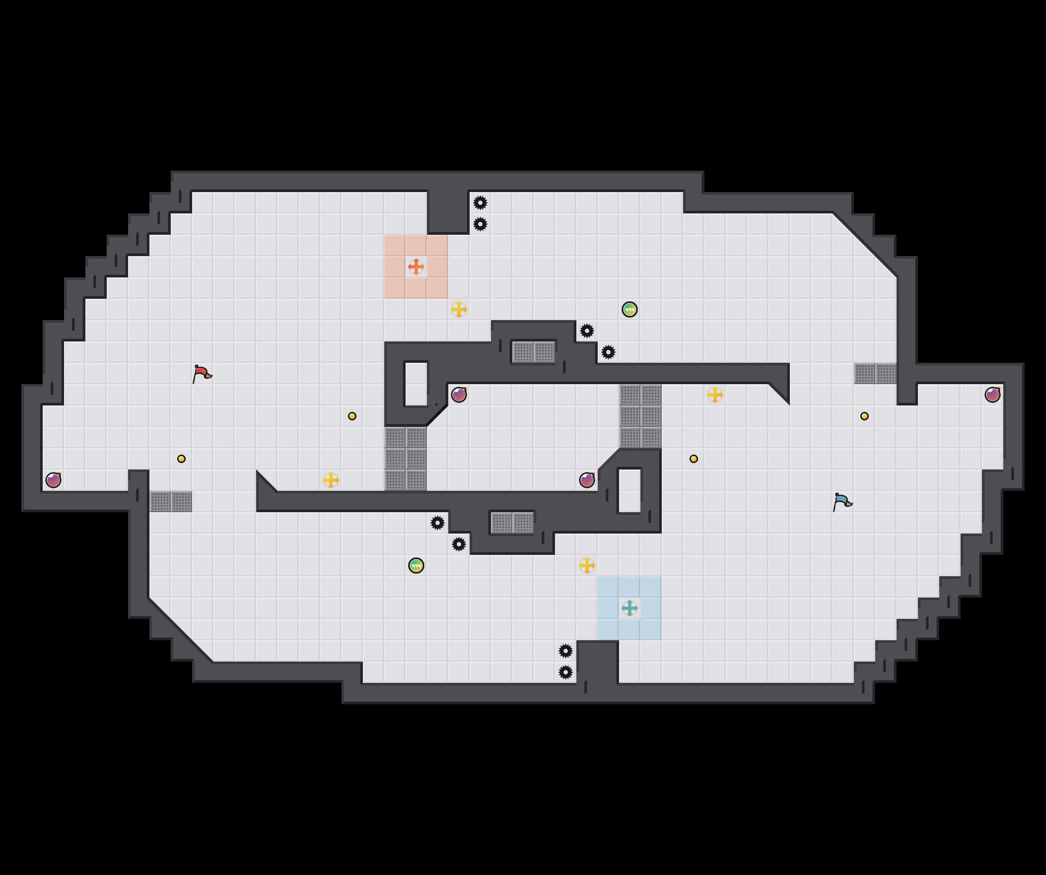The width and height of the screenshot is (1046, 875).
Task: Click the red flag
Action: coord(202,373)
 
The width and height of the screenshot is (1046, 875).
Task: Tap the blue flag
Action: coord(842,502)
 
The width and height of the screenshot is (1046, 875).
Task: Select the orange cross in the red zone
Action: coord(416,267)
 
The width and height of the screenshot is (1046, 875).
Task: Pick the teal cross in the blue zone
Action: coord(630,608)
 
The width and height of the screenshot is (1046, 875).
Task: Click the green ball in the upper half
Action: coord(630,309)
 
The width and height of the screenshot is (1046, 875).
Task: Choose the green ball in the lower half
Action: coord(416,566)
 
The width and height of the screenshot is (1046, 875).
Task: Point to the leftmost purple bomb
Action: coord(53,480)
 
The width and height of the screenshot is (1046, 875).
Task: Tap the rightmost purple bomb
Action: coord(993,395)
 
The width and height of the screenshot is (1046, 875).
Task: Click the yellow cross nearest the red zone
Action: coord(459,309)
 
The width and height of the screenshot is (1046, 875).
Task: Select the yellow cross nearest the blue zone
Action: coord(587,566)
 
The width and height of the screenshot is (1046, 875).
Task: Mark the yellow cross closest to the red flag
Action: coord(331,480)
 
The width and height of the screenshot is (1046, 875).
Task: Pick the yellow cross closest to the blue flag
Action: coord(715,395)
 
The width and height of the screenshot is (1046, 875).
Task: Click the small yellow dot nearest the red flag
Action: coord(181,459)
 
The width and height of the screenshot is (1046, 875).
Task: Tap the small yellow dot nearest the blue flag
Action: coord(865,416)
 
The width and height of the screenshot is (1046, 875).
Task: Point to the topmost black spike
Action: coord(480,203)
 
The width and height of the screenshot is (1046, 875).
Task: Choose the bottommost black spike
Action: coord(566,672)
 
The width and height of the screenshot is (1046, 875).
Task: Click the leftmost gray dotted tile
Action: coord(160,502)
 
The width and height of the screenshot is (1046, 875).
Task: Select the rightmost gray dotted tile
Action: coord(886,373)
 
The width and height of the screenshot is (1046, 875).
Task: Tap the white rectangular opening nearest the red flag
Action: coord(416,384)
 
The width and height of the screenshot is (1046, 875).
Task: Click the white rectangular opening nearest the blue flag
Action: coord(630,491)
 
